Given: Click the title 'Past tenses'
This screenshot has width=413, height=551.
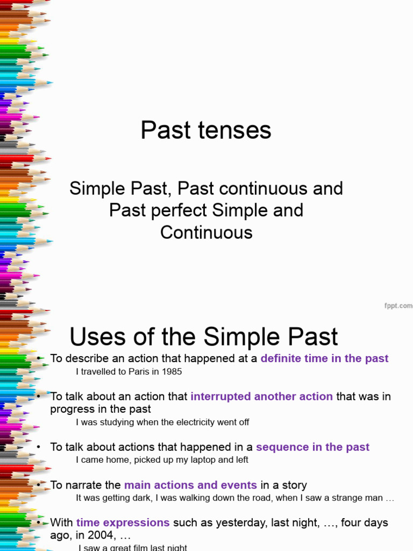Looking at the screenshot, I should (206, 130).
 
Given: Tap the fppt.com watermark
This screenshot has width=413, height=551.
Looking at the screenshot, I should (398, 306).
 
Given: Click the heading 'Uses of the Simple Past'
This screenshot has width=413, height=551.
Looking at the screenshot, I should (204, 337).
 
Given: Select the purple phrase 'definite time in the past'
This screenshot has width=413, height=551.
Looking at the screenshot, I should (324, 358).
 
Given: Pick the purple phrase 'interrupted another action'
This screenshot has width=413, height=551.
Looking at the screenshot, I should (261, 397).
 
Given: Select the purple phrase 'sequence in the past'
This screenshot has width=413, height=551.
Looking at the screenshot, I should (312, 447).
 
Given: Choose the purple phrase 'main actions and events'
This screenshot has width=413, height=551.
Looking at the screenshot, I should (191, 485).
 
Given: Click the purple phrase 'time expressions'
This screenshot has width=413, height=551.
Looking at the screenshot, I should (123, 522).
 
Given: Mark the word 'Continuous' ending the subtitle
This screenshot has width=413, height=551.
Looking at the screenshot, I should (206, 232).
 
